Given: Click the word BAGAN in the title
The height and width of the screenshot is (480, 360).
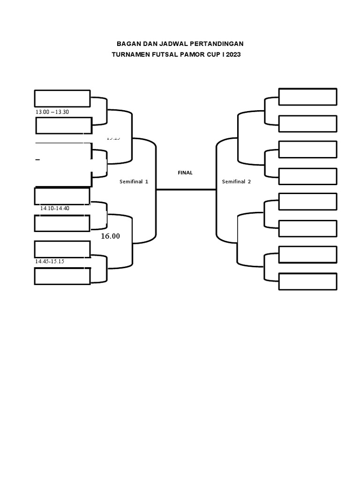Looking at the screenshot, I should point(128,44).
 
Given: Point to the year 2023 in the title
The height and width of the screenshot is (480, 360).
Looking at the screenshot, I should point(233,54).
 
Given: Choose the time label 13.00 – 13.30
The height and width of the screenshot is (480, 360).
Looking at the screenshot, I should point(52,112).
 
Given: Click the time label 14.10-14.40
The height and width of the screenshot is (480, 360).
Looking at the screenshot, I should point(55,208).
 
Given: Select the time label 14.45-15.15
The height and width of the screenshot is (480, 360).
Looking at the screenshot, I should point(49,262).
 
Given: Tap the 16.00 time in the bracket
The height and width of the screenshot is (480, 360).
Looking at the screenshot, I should point(111,236).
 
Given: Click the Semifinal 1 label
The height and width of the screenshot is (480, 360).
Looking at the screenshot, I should point(134,182).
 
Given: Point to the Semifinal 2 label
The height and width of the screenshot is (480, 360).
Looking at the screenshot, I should point(236,182).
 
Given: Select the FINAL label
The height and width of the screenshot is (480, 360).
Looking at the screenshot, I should point(185,172).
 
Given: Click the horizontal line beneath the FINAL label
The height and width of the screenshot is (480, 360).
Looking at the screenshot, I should point(186,189).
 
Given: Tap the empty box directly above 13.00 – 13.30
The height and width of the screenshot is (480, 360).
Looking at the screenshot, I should point(62,98).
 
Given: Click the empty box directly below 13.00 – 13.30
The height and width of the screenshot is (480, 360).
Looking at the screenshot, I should point(63,126).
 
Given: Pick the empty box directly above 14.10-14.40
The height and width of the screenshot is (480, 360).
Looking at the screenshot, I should point(62,196).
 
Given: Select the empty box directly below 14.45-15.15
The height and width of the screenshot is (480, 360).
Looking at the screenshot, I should point(63,276).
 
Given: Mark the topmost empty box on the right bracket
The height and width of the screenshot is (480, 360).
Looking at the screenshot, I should point(307,97).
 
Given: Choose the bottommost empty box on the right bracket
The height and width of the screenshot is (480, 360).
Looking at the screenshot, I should point(307,281).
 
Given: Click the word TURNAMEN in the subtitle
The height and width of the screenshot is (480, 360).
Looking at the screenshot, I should point(131,54).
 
